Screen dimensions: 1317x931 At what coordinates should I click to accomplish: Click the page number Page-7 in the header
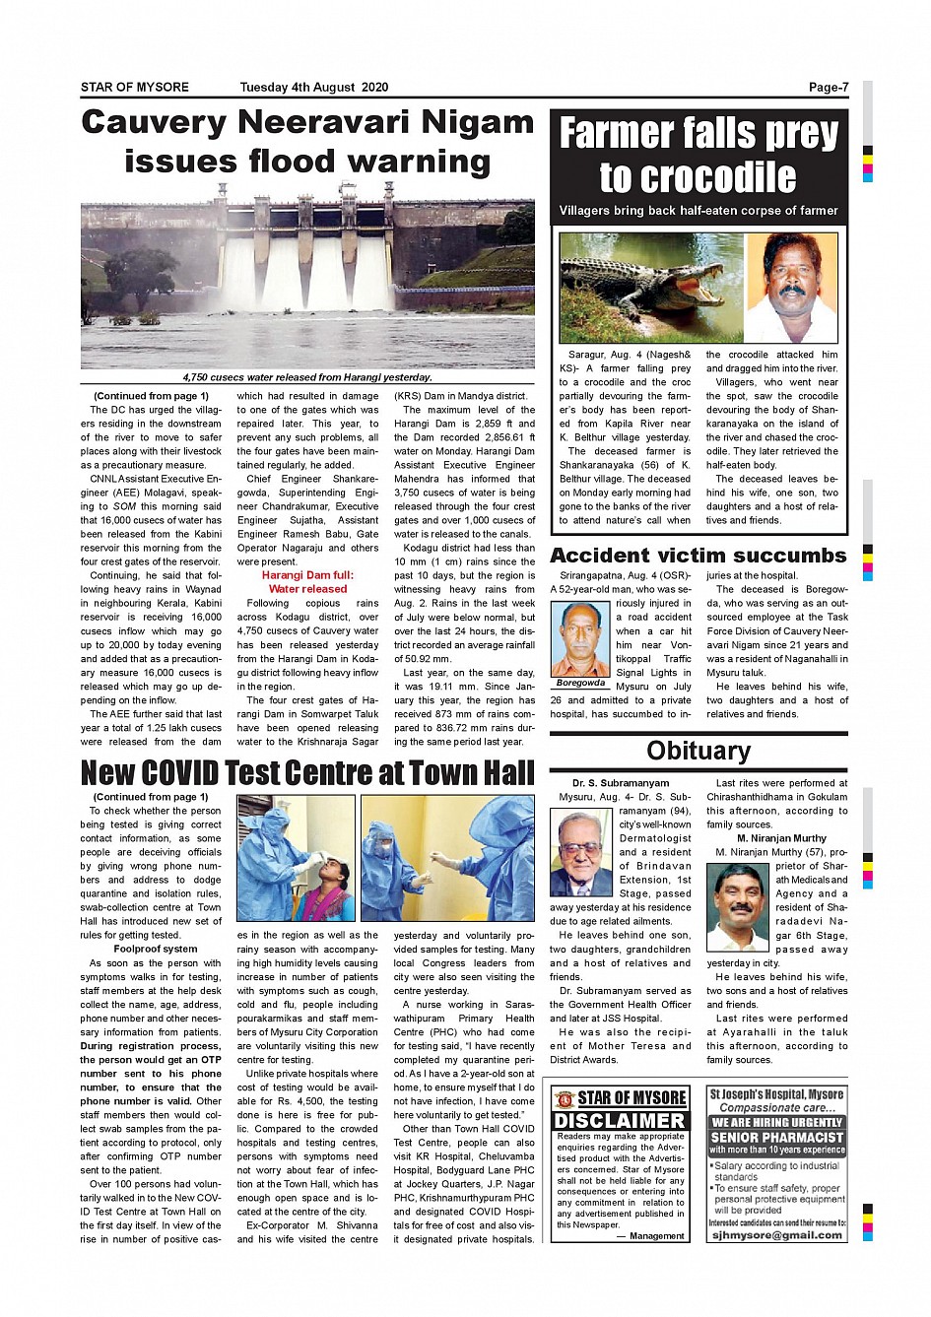tap(828, 87)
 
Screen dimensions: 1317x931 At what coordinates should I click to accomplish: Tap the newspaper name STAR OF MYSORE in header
tap(135, 87)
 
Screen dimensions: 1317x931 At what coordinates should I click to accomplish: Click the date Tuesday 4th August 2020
tap(313, 87)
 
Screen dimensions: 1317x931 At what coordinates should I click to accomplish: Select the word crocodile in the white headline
tap(698, 177)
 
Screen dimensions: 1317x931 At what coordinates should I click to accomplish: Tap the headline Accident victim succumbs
tap(698, 556)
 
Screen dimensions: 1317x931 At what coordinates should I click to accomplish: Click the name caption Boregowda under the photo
tap(581, 683)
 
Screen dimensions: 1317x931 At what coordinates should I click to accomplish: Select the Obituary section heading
tap(698, 751)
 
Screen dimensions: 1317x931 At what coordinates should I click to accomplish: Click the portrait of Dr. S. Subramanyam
tap(581, 852)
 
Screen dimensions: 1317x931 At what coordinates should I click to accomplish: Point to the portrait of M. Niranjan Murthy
tap(737, 906)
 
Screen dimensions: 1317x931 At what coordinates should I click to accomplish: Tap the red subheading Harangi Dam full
tap(307, 575)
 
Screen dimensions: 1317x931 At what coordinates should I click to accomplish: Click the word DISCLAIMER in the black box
tap(620, 1121)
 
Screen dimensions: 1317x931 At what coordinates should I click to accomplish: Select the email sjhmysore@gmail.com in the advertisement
tap(777, 1234)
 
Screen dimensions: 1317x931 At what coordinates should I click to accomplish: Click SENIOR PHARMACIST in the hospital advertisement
tap(777, 1137)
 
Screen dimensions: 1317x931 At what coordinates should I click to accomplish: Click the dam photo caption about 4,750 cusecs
tap(307, 377)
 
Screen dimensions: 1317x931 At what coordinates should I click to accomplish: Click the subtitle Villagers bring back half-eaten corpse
tap(698, 211)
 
